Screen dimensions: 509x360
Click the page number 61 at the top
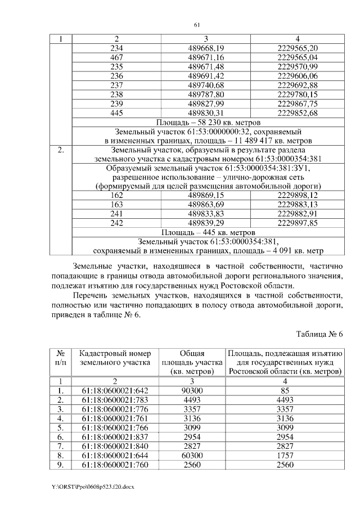(x=197, y=25)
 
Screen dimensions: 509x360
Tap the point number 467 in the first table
(x=116, y=58)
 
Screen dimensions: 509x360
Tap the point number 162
(x=116, y=195)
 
